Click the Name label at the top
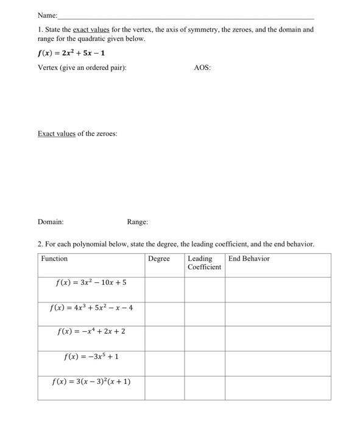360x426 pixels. (47, 15)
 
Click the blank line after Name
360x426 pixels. (186, 17)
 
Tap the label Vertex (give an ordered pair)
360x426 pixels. (82, 68)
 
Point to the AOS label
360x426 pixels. (202, 68)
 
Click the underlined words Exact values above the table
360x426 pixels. (57, 133)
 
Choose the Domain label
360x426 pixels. (51, 222)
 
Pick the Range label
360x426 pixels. (138, 222)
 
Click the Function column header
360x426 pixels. (55, 259)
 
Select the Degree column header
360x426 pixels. (159, 259)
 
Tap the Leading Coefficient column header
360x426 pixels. (204, 263)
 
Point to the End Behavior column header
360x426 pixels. (249, 259)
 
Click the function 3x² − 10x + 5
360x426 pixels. (91, 283)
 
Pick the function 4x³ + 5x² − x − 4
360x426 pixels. (91, 307)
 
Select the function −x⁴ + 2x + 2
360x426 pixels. (91, 332)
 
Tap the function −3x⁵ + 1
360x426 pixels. (91, 357)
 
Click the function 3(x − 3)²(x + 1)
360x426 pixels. (91, 382)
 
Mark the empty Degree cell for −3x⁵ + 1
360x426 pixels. (164, 363)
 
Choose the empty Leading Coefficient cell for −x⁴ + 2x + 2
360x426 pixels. (205, 338)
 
